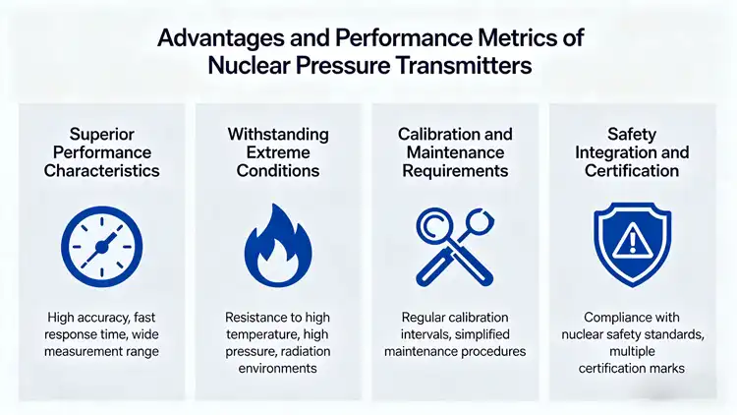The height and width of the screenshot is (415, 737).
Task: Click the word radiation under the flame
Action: [319, 351]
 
